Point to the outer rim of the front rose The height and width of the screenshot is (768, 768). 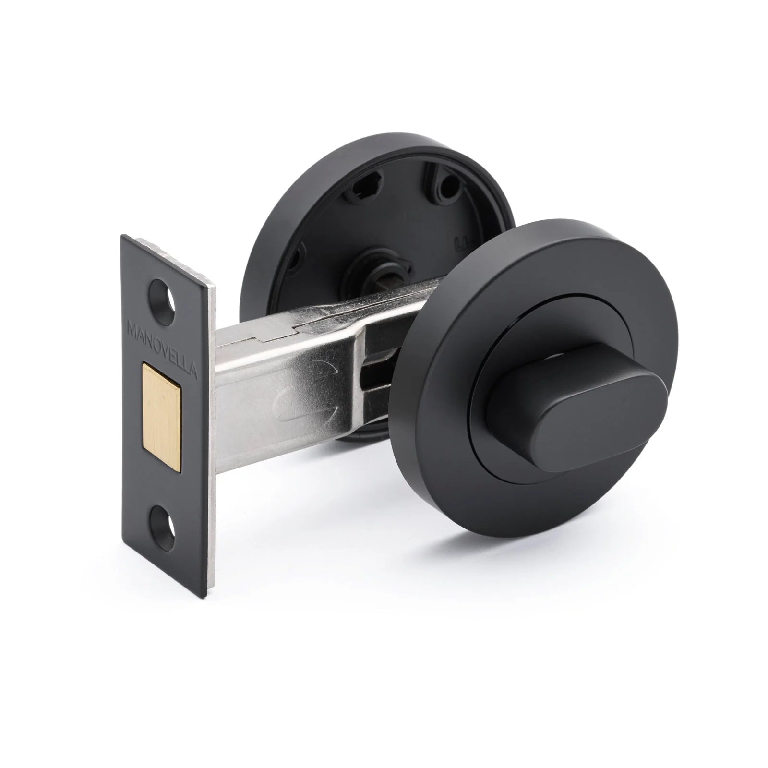[619, 485]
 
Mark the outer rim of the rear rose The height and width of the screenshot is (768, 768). [269, 202]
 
